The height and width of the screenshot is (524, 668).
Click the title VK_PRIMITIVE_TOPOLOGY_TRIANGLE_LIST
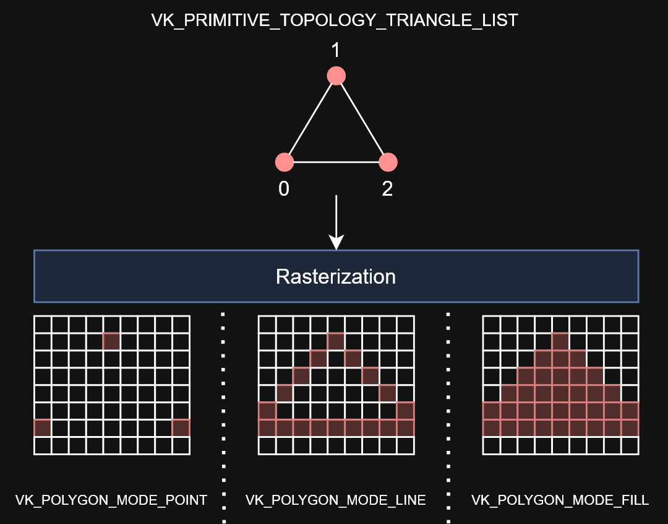[x=335, y=20]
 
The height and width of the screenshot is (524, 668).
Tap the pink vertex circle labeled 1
[x=336, y=76]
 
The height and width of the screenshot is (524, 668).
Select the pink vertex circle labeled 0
[x=284, y=162]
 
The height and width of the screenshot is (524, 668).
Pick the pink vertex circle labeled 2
[x=388, y=162]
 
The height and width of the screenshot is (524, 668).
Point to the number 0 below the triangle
[x=284, y=189]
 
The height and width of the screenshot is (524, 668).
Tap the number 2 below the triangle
[x=388, y=189]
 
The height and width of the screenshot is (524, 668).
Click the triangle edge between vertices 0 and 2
[x=336, y=162]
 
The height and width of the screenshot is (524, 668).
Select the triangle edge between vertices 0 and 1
[x=310, y=119]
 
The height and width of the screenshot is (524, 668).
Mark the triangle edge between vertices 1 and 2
[x=362, y=119]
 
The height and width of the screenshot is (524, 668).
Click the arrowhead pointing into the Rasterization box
[x=336, y=242]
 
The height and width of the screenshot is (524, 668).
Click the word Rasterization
[x=336, y=276]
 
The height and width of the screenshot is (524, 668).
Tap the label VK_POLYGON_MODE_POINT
[x=111, y=500]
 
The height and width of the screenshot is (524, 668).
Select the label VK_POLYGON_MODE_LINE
[x=336, y=500]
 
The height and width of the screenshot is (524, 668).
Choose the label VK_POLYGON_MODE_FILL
[x=560, y=500]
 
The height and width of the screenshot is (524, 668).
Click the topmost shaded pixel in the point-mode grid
[x=111, y=341]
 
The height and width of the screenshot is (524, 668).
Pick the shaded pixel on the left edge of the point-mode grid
[x=42, y=427]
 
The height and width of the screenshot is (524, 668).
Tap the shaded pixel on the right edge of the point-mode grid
[x=181, y=427]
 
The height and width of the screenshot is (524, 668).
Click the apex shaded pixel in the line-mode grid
[x=335, y=341]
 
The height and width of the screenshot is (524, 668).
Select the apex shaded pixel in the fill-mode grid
[x=560, y=341]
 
